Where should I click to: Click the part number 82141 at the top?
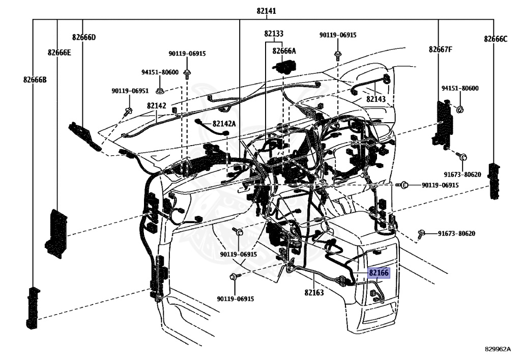coord(266,11)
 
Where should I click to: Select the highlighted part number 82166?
coord(379,273)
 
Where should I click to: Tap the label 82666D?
coord(84,37)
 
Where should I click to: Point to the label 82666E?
coord(59,52)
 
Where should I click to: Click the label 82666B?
coord(35,80)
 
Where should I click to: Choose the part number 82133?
coord(274,34)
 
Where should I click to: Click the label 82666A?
coord(284,51)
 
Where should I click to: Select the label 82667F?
coord(441,49)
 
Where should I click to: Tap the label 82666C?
coord(496,39)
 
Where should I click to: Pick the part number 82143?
coord(376,99)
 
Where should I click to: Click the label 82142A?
coord(224,124)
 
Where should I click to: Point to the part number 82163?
coord(314,292)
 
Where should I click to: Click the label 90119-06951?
coord(130,91)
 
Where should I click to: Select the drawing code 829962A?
coord(498,349)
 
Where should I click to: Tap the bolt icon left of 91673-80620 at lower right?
coord(421,233)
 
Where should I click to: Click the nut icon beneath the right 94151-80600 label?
coord(460,109)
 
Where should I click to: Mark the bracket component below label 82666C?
coord(495,181)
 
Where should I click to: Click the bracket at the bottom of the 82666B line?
coord(33,308)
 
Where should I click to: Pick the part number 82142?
coord(157,106)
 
